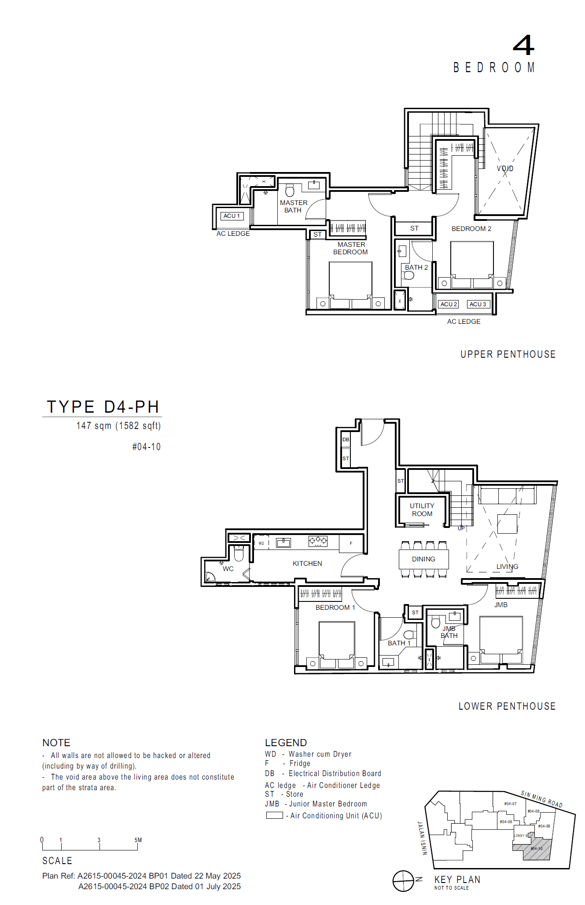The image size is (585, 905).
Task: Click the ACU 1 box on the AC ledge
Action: click(x=232, y=216)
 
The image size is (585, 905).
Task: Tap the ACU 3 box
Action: click(x=478, y=304)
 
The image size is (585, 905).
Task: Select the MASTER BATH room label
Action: click(x=294, y=206)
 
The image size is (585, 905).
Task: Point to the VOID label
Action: click(x=505, y=169)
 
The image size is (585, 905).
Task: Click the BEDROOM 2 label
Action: click(x=471, y=229)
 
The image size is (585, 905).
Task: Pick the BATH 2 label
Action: click(x=416, y=267)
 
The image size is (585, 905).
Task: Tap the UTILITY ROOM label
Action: click(x=422, y=510)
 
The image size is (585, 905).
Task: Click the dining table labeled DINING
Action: click(x=423, y=559)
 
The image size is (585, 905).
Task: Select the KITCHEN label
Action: click(x=307, y=564)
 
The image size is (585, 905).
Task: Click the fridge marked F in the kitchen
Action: click(x=351, y=543)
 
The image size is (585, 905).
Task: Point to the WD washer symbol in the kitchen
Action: click(x=261, y=543)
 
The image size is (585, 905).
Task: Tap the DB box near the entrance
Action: click(x=346, y=440)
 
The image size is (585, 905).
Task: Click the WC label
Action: click(x=228, y=569)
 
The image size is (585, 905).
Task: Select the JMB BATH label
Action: click(x=449, y=632)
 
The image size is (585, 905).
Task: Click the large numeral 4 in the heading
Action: click(x=523, y=45)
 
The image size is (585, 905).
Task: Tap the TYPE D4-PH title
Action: click(x=103, y=407)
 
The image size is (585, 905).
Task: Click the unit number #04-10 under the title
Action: click(x=147, y=447)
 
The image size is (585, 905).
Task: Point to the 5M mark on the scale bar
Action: click(x=138, y=840)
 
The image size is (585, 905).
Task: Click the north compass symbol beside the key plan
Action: click(x=403, y=881)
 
